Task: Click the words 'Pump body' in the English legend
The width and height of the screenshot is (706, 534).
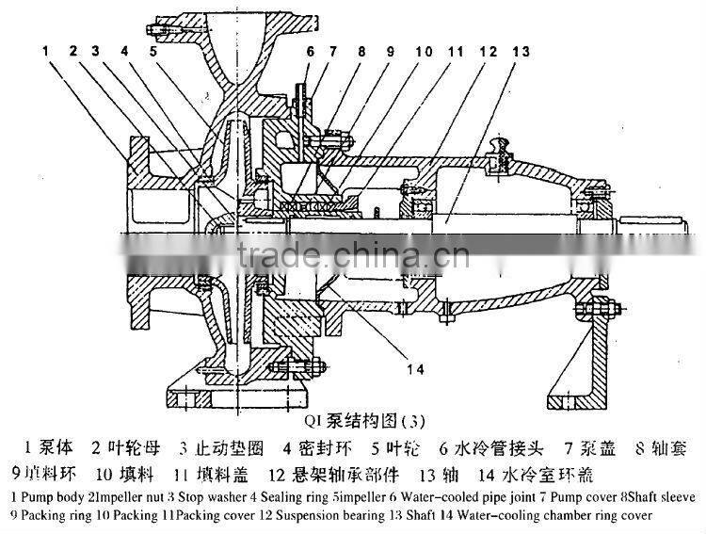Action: tap(48, 496)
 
